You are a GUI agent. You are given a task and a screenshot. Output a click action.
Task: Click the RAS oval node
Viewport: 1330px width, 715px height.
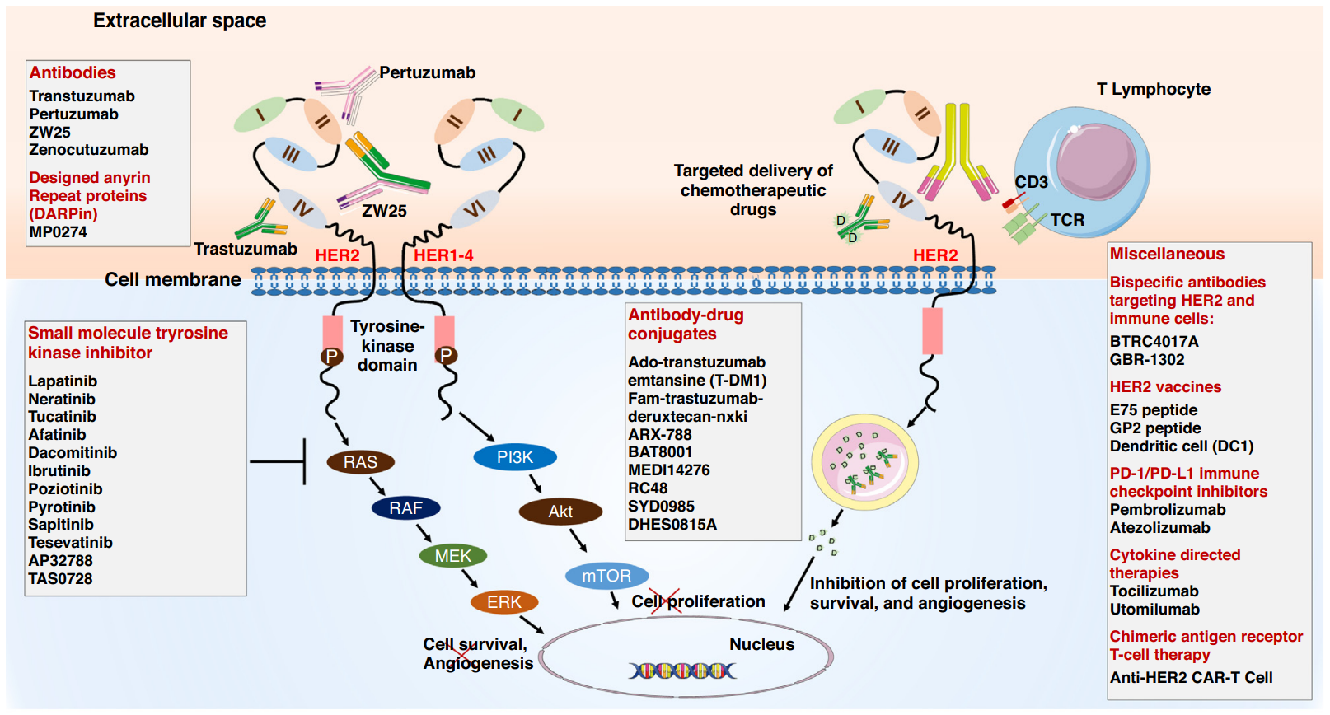[360, 462]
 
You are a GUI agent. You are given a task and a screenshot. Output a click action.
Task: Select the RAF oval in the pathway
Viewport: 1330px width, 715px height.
[405, 508]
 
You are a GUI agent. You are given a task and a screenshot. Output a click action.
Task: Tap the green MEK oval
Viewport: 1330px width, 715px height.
[452, 556]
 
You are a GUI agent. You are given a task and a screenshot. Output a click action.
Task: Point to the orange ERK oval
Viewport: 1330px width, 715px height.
[503, 602]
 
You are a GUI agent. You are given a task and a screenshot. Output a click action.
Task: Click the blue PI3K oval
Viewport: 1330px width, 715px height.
[515, 457]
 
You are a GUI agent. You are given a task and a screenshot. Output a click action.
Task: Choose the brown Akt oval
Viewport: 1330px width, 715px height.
[560, 512]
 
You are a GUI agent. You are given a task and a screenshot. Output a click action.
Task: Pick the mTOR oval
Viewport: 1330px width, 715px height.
[606, 576]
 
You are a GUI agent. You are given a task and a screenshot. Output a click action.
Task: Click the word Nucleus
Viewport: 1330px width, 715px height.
[761, 644]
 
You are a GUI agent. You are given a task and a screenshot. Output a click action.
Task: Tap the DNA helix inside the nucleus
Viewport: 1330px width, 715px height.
[682, 671]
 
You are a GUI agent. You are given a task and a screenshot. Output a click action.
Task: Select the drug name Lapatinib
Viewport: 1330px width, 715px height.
[63, 381]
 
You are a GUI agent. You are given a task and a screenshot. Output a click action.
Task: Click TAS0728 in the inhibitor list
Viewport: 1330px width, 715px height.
[60, 579]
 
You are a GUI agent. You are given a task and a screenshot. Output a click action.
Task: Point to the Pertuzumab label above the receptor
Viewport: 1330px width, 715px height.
[427, 72]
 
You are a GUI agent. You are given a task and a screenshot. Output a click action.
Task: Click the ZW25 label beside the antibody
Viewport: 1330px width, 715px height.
[384, 211]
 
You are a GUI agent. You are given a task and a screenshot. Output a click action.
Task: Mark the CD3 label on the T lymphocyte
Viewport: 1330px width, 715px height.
[1031, 182]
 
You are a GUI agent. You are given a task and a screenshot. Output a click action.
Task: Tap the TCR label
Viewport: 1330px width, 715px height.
[1067, 220]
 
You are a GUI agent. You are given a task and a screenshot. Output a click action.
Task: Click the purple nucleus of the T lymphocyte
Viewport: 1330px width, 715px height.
[1096, 161]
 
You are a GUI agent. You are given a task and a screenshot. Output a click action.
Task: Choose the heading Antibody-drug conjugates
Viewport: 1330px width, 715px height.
[686, 325]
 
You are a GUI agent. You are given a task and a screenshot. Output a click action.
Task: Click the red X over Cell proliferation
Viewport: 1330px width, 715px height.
[664, 601]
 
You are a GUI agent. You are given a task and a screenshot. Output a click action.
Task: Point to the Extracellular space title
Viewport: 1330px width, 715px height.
[180, 21]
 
